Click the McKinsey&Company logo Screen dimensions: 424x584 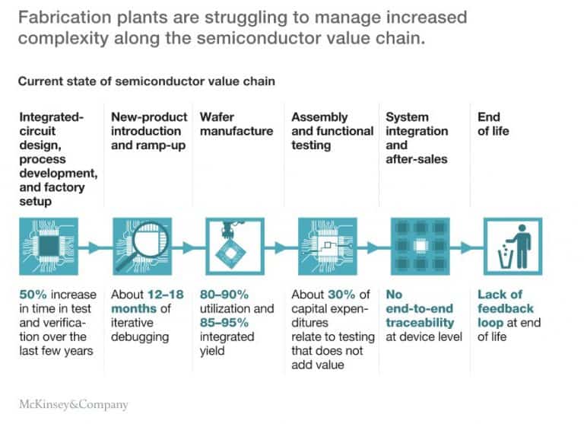73,404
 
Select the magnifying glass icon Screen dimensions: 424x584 142,246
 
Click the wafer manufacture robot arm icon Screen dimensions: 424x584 234,246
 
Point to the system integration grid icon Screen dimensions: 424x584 419,246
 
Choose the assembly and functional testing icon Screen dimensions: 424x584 326,246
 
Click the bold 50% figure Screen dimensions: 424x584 33,295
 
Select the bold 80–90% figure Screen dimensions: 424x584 224,295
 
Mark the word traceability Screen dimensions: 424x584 420,323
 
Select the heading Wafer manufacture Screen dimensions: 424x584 236,124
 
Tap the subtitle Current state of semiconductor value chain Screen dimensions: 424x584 146,81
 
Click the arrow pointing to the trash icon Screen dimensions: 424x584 465,247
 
